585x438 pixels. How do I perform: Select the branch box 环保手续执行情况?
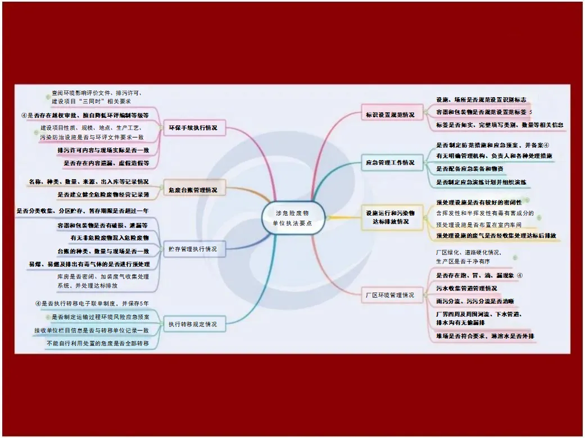click(193, 128)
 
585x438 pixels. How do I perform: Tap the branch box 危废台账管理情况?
click(193, 190)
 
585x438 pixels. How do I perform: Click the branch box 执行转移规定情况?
click(193, 323)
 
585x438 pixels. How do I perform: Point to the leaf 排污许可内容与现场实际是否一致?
click(103, 150)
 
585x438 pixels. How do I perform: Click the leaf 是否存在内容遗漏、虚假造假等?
click(106, 163)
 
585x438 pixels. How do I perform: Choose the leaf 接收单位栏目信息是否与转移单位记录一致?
click(92, 330)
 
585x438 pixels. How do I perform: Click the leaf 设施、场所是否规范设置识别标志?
click(481, 99)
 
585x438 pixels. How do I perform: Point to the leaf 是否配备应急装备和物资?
click(470, 168)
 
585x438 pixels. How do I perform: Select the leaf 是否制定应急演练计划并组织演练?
click(481, 182)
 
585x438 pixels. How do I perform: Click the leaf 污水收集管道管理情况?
click(467, 288)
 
